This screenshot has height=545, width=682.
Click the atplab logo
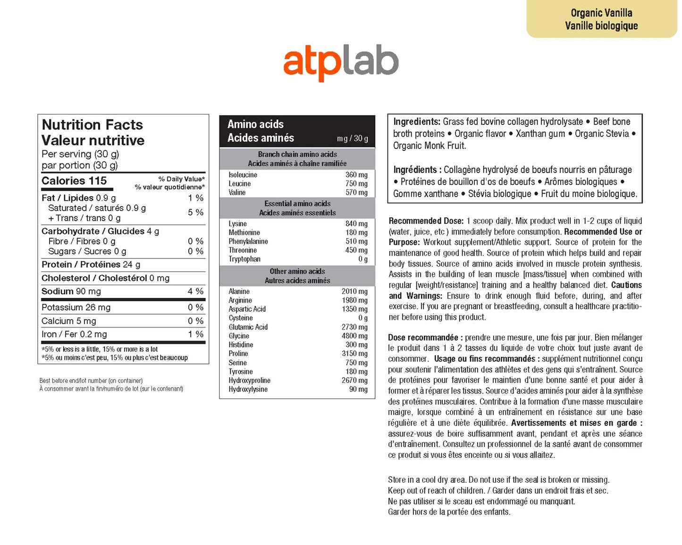[341, 63]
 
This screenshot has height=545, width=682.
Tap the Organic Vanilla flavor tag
[601, 19]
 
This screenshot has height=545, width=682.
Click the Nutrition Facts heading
[92, 125]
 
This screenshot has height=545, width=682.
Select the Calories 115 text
[74, 181]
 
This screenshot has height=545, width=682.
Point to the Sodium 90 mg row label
[71, 291]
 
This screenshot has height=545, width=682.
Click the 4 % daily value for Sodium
[195, 291]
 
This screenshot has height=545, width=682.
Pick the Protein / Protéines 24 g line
[91, 264]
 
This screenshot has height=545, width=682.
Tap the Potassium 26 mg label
[76, 307]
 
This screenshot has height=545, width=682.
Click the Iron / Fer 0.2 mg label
[74, 334]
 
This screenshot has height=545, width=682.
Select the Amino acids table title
[255, 124]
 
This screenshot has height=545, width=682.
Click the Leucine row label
[239, 184]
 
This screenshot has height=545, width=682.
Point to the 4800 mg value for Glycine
[354, 336]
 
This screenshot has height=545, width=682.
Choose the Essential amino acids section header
[297, 204]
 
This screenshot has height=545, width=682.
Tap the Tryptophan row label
[244, 259]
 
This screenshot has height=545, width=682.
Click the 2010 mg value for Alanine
[354, 291]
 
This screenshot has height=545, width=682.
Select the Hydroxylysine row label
[248, 389]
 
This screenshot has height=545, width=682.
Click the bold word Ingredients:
[417, 122]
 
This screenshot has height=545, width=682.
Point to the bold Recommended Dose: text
[426, 221]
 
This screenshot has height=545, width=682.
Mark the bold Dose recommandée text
[423, 338]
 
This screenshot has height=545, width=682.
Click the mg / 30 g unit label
[352, 139]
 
